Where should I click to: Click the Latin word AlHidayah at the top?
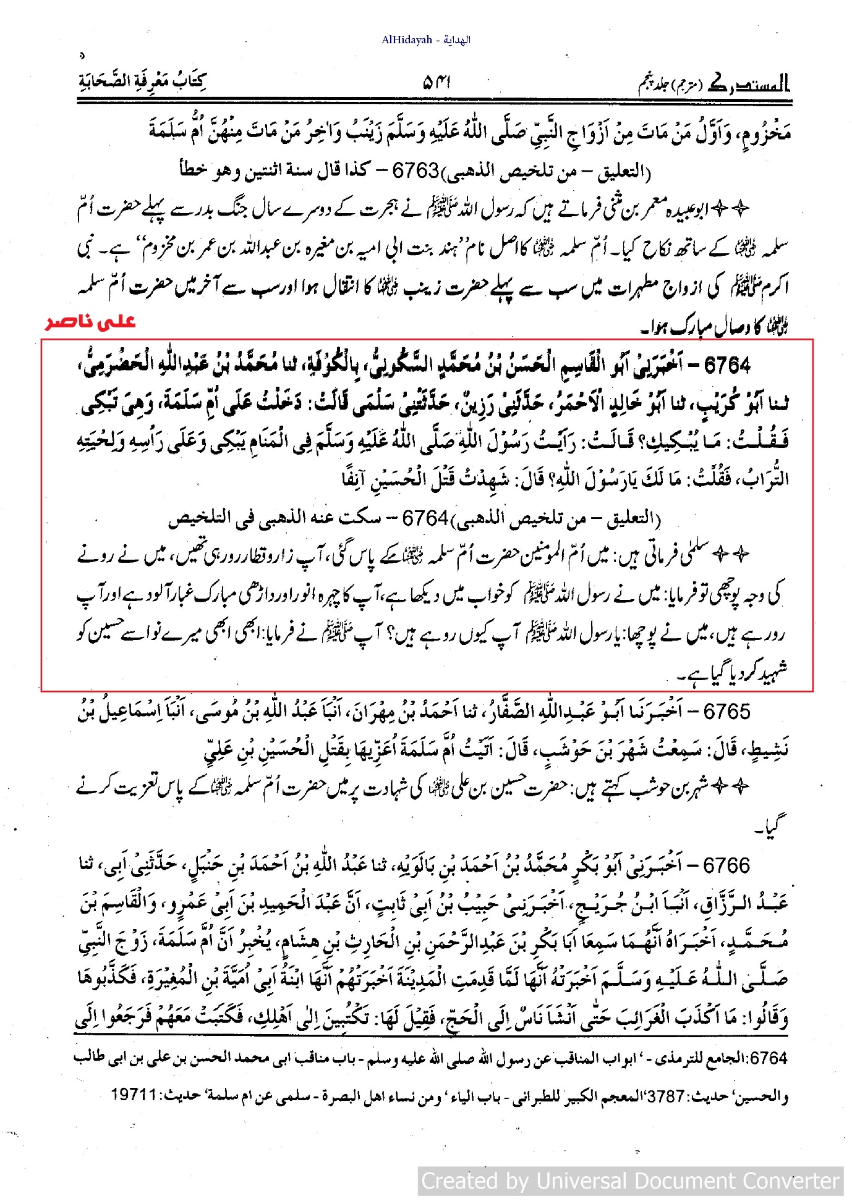[406, 40]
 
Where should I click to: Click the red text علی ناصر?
[90, 322]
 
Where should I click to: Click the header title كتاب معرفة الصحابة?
[143, 81]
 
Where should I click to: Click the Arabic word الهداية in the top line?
[457, 40]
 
